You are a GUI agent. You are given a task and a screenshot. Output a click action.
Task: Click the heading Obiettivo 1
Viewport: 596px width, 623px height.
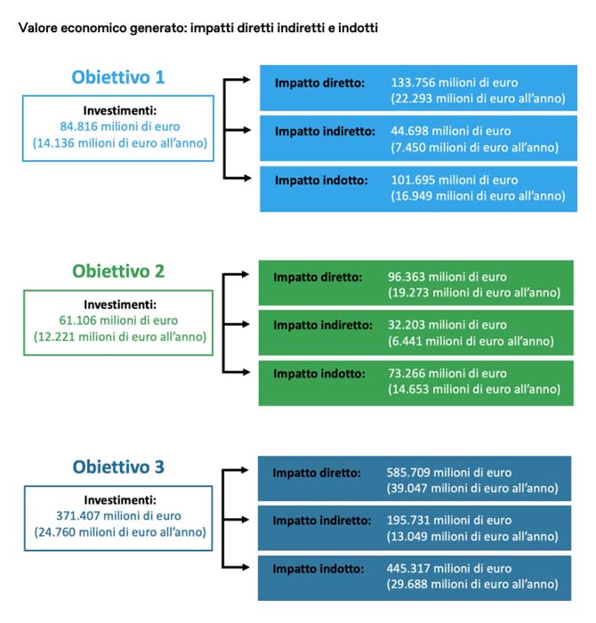(x=118, y=77)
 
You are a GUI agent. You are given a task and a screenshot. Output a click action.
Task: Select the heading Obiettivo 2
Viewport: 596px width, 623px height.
(x=118, y=271)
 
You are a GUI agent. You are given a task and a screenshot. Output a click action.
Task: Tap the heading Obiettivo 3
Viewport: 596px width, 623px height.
(x=118, y=466)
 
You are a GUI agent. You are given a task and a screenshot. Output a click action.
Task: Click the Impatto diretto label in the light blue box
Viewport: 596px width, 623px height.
(x=319, y=83)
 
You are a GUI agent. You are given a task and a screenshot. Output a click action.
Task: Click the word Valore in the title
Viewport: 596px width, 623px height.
(x=37, y=28)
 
